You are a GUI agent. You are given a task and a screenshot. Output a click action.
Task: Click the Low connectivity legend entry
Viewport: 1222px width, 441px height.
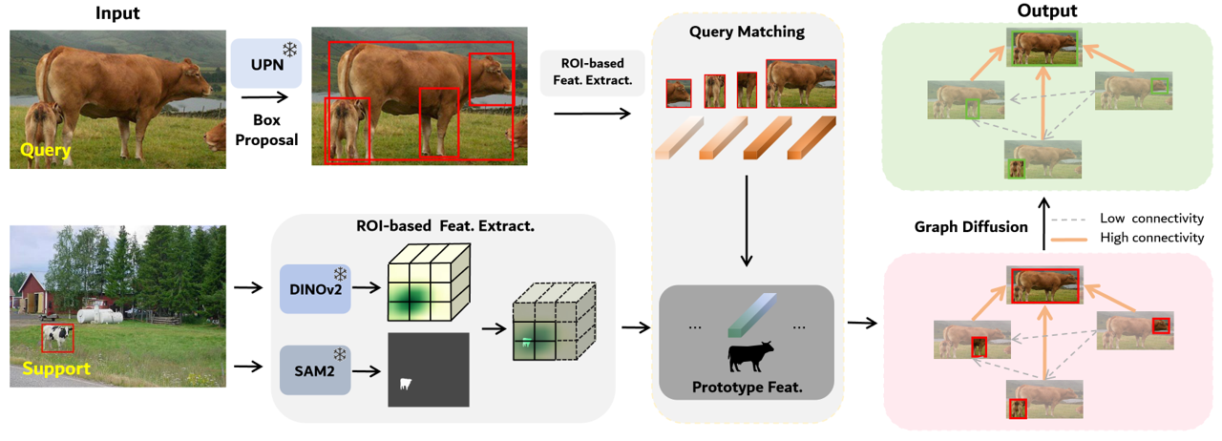point(1149,218)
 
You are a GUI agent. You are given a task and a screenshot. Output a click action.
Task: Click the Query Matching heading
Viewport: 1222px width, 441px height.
point(747,31)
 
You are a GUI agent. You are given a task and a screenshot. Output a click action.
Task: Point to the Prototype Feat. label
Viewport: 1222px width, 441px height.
point(747,389)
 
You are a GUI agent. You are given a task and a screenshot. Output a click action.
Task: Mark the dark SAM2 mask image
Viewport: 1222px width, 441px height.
point(429,370)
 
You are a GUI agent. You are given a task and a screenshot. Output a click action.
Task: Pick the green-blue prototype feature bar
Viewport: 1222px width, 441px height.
point(748,314)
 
